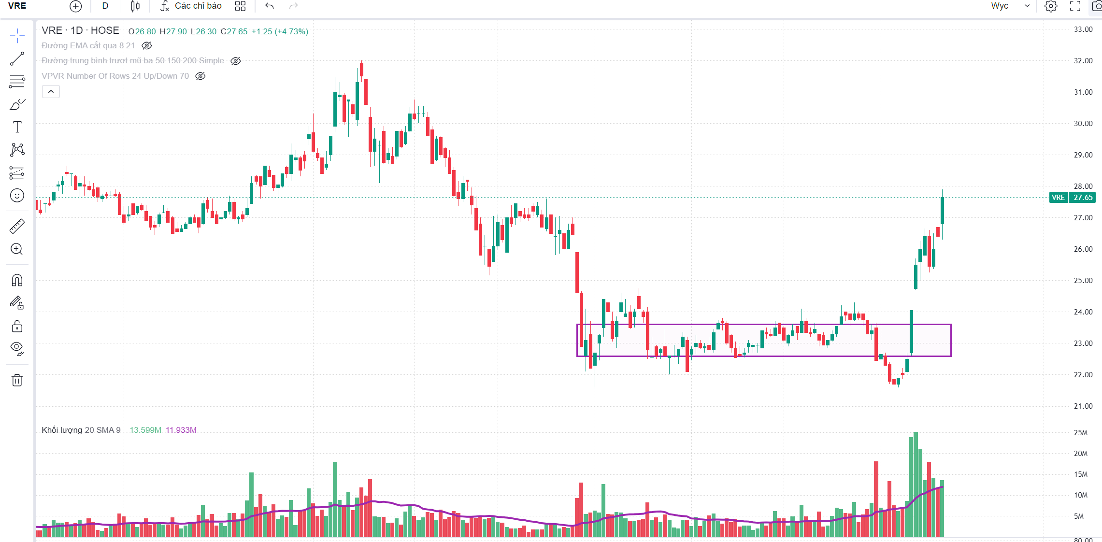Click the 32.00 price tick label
coord(1083,61)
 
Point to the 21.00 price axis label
coord(1083,406)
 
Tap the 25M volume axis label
coord(1080,433)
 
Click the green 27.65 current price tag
coord(1083,198)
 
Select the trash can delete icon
coord(17,380)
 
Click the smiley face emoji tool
coord(17,196)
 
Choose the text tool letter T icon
coord(17,127)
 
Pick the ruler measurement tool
coord(17,226)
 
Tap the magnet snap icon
coord(17,280)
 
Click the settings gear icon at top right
coord(1051,6)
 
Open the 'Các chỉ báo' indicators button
coord(191,6)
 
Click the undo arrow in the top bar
coord(270,6)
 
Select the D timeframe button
coord(105,6)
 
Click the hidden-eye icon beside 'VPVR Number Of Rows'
coord(200,76)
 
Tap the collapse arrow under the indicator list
coord(51,92)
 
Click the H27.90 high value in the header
coord(173,32)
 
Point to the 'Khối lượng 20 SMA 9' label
coord(81,430)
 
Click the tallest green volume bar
coord(916,483)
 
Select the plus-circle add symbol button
coord(76,6)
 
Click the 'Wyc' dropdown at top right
coord(1010,6)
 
